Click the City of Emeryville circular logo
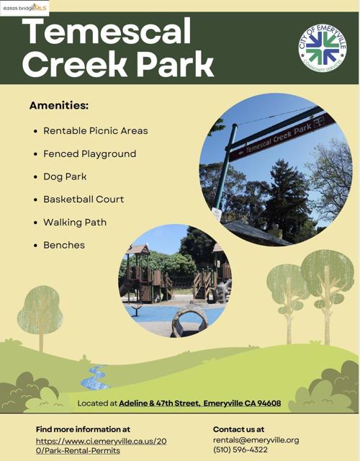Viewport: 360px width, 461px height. click(323, 48)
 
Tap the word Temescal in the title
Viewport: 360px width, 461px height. click(107, 31)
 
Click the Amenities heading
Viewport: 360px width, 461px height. click(59, 105)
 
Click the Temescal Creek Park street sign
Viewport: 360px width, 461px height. click(282, 136)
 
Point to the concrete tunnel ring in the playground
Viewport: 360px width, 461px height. click(189, 321)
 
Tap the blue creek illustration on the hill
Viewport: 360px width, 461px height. click(94, 377)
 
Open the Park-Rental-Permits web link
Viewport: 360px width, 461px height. click(101, 446)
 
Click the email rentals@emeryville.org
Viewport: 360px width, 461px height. click(256, 440)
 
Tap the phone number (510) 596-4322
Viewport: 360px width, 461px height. click(240, 449)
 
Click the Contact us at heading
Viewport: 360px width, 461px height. click(238, 429)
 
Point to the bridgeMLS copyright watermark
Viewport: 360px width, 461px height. click(24, 8)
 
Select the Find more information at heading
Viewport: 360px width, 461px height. click(83, 429)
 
